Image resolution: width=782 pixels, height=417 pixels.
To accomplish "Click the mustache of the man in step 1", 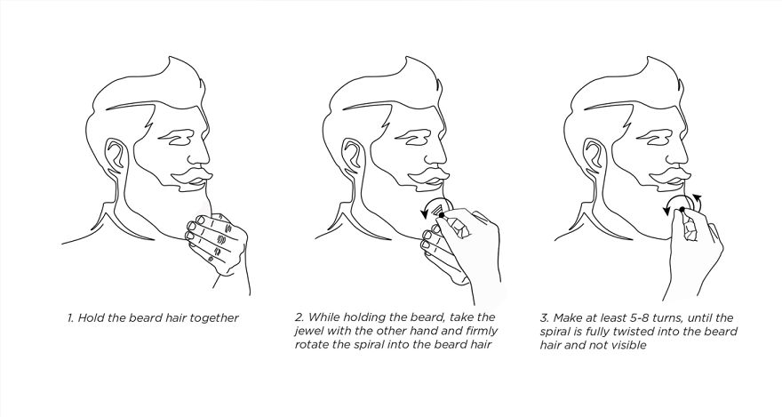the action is (x=192, y=177).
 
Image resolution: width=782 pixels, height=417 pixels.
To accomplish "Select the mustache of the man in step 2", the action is (x=429, y=177).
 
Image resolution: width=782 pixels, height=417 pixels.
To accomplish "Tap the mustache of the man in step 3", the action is (x=671, y=177).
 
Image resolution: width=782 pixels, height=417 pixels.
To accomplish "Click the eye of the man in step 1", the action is (x=176, y=138).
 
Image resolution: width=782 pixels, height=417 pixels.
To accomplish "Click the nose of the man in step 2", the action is (x=439, y=148).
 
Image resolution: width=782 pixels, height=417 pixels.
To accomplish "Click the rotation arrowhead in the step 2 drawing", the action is (x=424, y=213).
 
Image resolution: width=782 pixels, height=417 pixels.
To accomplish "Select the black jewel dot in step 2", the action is (x=442, y=214).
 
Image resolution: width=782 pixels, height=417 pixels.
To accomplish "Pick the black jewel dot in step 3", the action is (x=682, y=210).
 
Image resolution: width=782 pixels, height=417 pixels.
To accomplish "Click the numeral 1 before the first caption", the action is (x=70, y=317).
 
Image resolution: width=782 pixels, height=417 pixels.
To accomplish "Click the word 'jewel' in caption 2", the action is (x=308, y=331).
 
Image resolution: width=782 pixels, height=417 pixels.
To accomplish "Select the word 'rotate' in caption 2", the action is (x=310, y=345).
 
